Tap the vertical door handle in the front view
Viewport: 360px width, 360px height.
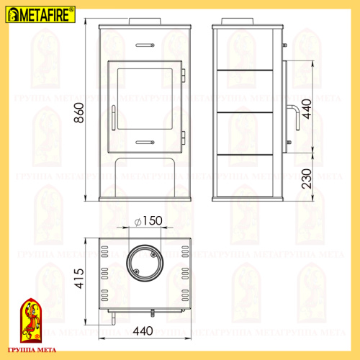(x=113, y=116)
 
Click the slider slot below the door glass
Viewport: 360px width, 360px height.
(x=145, y=141)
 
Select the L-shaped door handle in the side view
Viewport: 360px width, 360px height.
(x=294, y=115)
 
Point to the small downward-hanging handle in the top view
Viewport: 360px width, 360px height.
(x=153, y=313)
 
